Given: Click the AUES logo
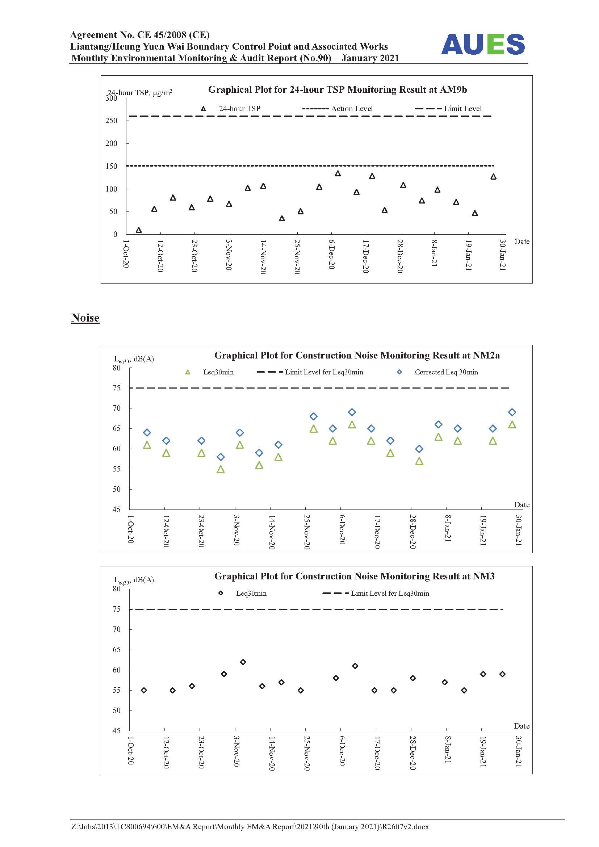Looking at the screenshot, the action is [483, 44].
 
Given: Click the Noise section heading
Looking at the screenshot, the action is [85, 318].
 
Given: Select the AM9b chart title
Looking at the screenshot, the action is [338, 89].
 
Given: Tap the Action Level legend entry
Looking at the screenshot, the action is [337, 109].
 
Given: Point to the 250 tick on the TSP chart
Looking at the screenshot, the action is [111, 121].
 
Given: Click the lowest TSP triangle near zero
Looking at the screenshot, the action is [139, 230].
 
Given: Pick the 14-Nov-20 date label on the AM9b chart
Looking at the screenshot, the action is [263, 257].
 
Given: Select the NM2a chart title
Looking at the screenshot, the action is [357, 355].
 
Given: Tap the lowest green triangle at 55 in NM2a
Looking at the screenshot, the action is [221, 469].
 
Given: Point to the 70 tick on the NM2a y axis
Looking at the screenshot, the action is [117, 408].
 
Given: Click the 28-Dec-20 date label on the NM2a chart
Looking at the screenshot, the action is [413, 532].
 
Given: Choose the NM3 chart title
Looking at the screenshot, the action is [355, 576].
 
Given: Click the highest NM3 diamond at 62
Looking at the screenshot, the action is [243, 662].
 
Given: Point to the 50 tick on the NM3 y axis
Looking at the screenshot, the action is [117, 710].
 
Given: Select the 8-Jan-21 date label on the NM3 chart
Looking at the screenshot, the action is [448, 749].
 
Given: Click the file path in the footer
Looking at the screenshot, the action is [250, 827].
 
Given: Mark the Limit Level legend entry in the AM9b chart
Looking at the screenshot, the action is [448, 109].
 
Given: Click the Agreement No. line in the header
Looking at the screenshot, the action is [140, 35].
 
